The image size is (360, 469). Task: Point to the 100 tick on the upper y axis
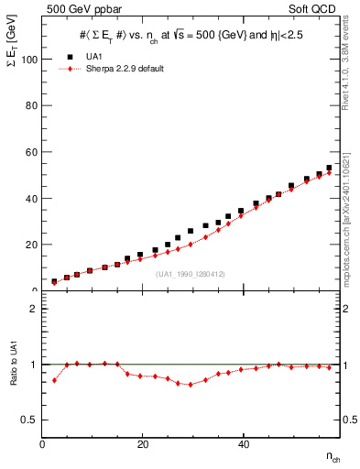pyautogui.click(x=30, y=60)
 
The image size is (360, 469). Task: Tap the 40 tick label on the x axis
pyautogui.click(x=243, y=445)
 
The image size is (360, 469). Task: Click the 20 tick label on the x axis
pyautogui.click(x=143, y=445)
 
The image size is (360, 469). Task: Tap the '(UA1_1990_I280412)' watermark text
pyautogui.click(x=191, y=274)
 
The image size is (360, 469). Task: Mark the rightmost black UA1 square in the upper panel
pyautogui.click(x=329, y=169)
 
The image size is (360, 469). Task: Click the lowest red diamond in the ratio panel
pyautogui.click(x=190, y=385)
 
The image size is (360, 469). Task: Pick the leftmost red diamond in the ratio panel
pyautogui.click(x=54, y=380)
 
